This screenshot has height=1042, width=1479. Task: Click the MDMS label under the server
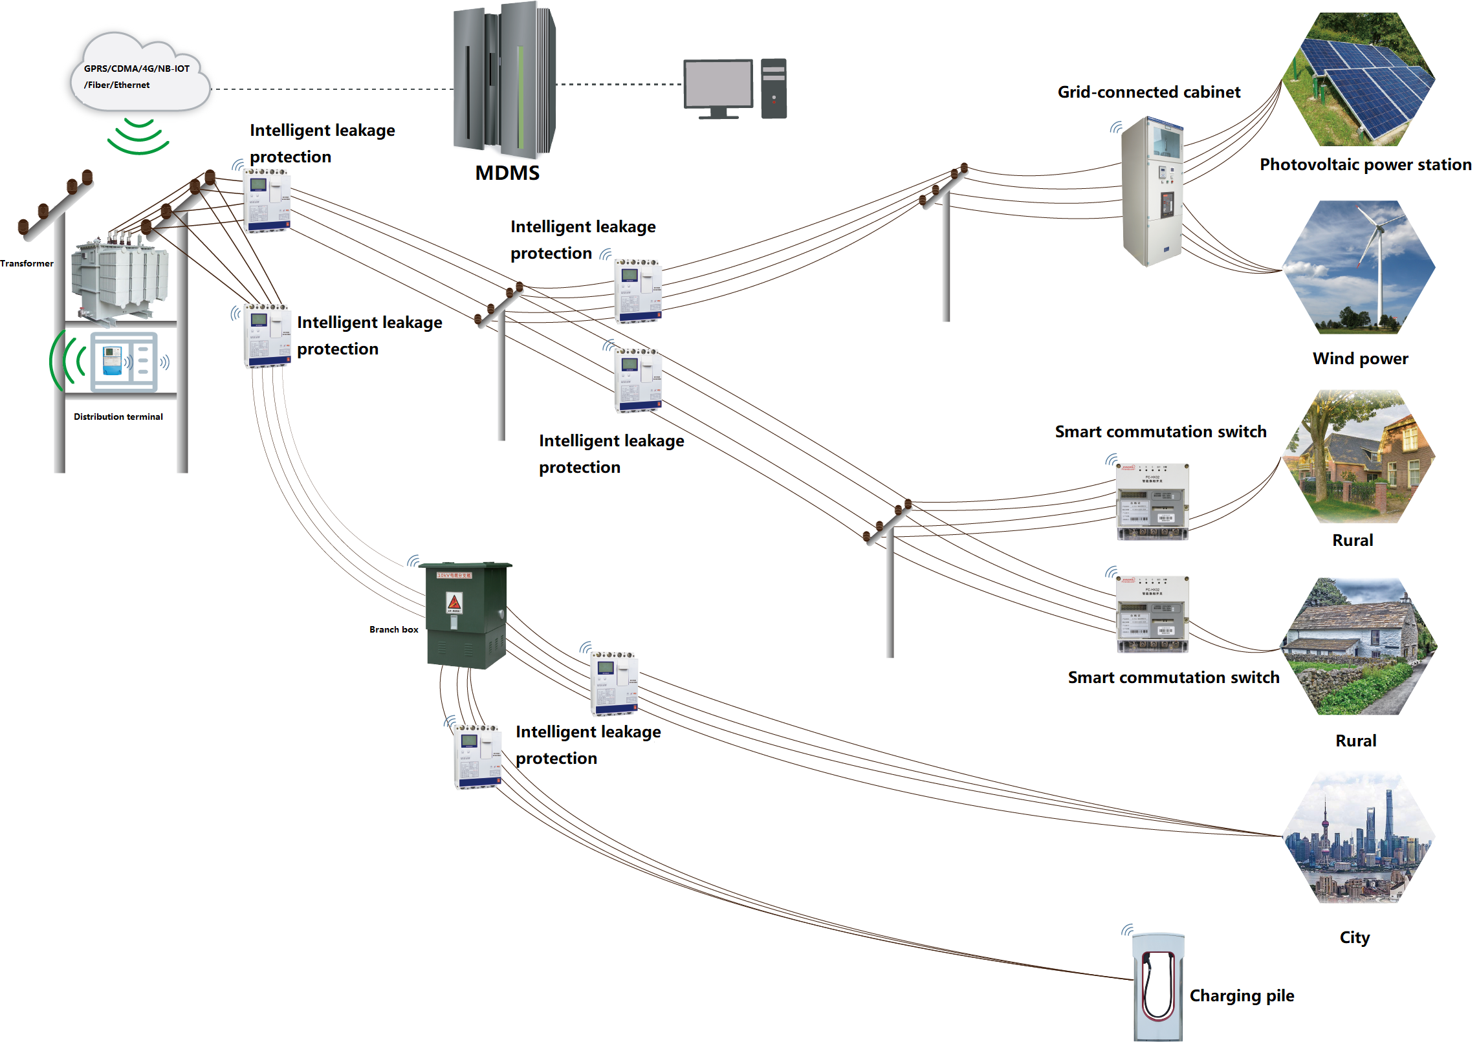tap(507, 173)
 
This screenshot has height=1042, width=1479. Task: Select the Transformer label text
tap(27, 263)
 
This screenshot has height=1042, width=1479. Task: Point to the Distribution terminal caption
tap(118, 417)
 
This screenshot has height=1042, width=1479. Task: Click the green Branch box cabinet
tap(465, 614)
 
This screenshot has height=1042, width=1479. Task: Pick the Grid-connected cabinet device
tap(1152, 191)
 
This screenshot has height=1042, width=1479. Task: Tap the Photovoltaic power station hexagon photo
tap(1359, 80)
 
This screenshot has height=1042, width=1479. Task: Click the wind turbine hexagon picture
tap(1359, 267)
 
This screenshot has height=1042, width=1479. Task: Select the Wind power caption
tap(1360, 359)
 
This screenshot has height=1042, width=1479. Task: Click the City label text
tap(1354, 937)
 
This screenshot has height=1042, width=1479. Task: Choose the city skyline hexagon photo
tap(1359, 838)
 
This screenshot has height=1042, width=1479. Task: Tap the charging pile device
tap(1158, 986)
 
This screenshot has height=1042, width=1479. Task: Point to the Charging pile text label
tap(1242, 995)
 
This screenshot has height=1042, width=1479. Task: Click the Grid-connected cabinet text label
tap(1148, 92)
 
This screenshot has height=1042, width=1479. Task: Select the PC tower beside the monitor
tap(774, 89)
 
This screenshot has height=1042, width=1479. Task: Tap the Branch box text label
tap(393, 629)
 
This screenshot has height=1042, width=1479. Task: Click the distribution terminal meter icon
tap(124, 362)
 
